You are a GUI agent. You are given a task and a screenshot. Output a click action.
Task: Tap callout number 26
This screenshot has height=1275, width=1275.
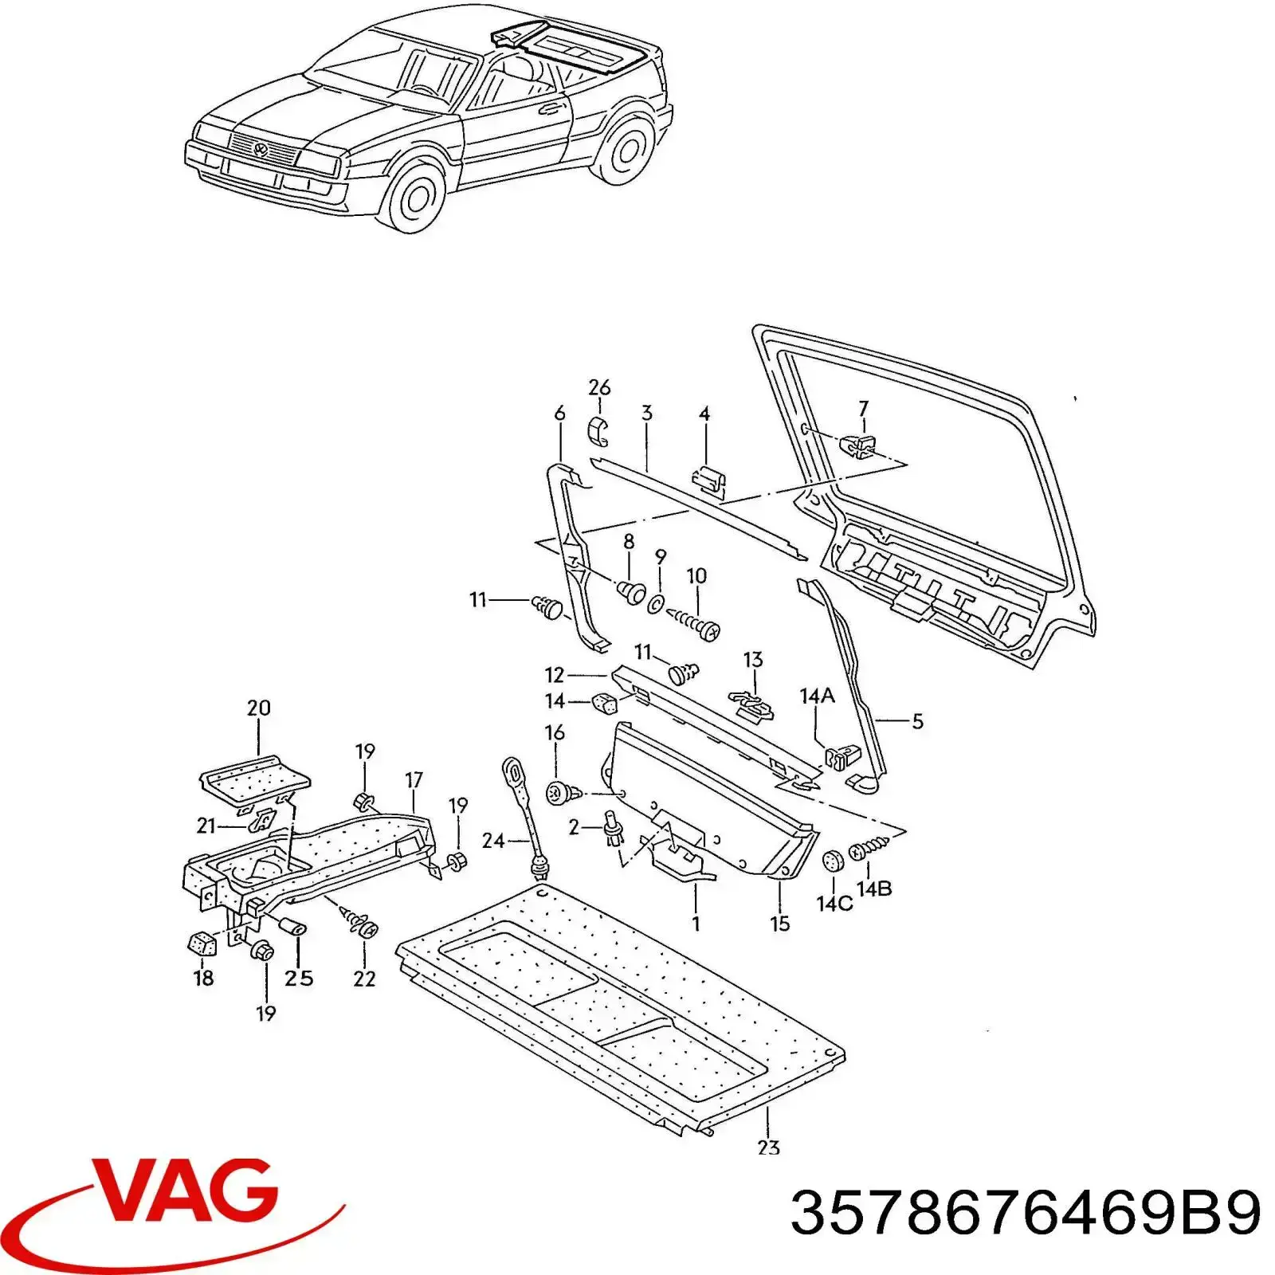click(599, 388)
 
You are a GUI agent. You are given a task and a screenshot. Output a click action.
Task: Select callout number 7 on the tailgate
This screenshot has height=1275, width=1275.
click(863, 409)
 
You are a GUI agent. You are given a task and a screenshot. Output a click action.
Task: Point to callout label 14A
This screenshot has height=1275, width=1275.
click(817, 696)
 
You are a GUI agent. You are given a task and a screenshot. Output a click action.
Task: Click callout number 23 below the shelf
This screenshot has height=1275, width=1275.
click(769, 1147)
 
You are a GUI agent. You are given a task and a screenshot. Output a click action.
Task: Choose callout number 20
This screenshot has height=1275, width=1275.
click(258, 708)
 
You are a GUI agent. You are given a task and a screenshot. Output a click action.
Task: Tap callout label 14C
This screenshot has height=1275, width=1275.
click(834, 904)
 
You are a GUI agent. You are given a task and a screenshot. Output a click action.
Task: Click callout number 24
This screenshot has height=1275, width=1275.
click(493, 840)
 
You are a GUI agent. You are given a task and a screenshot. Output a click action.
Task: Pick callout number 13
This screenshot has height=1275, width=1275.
click(752, 659)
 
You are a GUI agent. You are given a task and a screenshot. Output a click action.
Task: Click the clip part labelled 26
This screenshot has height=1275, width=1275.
click(598, 431)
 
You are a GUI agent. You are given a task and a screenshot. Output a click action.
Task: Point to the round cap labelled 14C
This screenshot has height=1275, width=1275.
click(834, 863)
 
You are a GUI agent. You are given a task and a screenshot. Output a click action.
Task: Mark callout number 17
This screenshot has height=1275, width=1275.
click(414, 779)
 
